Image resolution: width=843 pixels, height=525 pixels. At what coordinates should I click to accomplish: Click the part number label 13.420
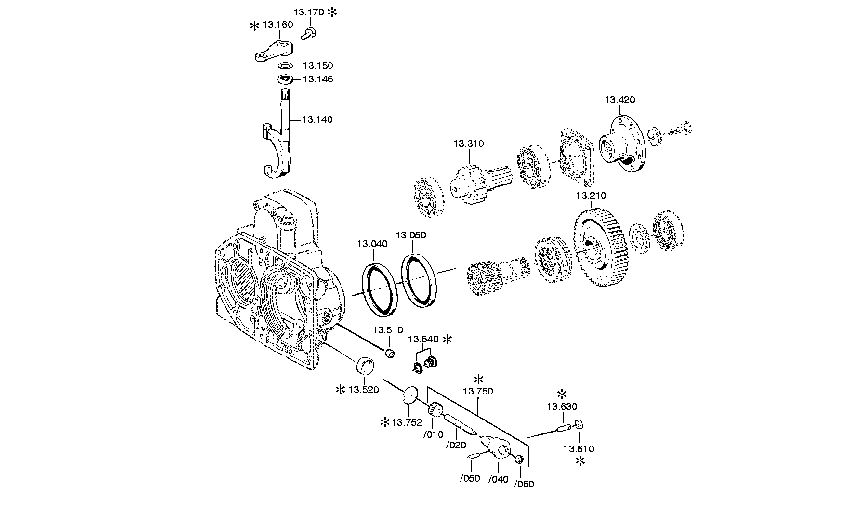click(x=620, y=100)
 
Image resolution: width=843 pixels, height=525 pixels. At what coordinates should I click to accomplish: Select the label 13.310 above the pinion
click(x=468, y=144)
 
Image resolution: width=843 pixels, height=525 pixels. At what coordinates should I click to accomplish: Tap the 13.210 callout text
click(x=591, y=196)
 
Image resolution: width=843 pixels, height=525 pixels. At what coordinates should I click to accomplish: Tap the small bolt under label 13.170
click(x=309, y=34)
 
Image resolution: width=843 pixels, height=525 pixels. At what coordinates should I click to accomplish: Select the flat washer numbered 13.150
click(x=285, y=66)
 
